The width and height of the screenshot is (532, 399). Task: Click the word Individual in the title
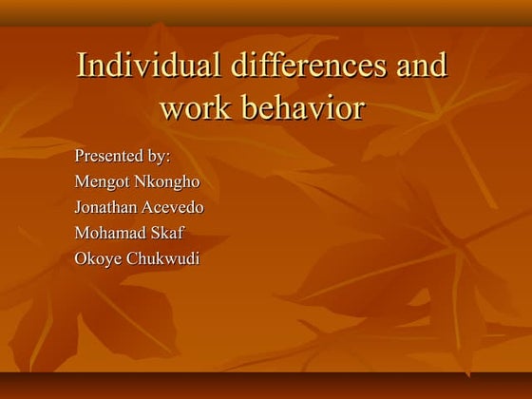[148, 66]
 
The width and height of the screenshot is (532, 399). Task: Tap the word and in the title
[419, 66]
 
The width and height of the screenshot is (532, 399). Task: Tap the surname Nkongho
[168, 181]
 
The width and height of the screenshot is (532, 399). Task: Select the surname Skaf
[166, 232]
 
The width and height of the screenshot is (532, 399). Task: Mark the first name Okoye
[99, 257]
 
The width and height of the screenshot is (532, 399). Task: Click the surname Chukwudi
[163, 257]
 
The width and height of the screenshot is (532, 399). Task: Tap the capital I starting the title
[82, 66]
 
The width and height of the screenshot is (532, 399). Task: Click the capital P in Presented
[79, 156]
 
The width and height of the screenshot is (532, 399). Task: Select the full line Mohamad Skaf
[129, 232]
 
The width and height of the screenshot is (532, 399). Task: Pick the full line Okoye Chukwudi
[137, 257]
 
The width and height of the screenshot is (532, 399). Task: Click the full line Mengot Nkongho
[137, 181]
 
